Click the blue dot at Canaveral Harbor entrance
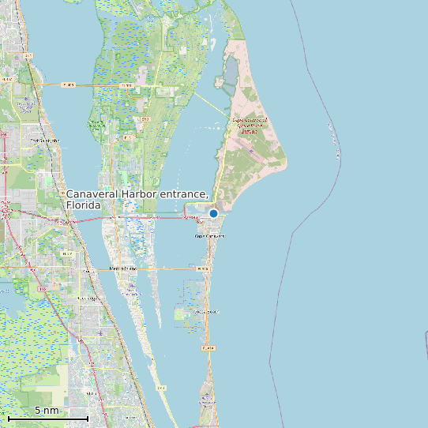[213, 213]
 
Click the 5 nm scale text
[47, 411]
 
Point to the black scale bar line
[47, 418]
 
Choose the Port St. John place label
[44, 141]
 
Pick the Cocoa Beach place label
[206, 312]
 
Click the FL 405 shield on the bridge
[68, 84]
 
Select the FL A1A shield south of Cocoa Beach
[208, 347]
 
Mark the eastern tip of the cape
[287, 163]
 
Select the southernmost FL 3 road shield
[162, 388]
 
